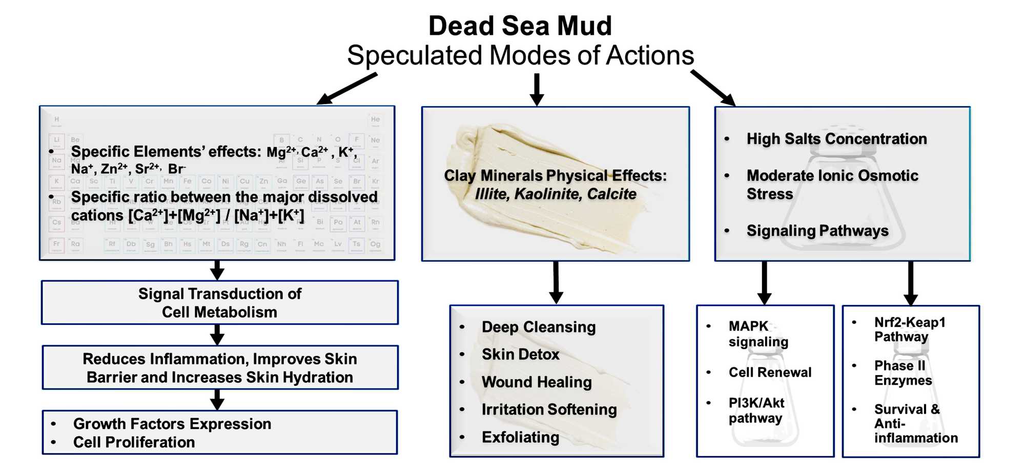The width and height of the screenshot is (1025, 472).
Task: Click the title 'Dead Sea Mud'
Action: tap(520, 26)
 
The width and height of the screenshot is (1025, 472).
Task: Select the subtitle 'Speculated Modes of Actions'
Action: tap(520, 55)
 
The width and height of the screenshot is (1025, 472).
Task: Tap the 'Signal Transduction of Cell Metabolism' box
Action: tap(219, 303)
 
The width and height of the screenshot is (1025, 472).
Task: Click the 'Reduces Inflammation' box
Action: tap(219, 368)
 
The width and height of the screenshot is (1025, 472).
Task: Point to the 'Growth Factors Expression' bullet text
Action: tap(172, 424)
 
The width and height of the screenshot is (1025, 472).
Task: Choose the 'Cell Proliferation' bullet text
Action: tap(134, 442)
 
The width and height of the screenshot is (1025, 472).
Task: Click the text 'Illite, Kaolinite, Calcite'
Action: tap(555, 194)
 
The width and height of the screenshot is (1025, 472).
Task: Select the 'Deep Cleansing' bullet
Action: tap(538, 327)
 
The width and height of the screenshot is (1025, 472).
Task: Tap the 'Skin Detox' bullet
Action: tap(520, 354)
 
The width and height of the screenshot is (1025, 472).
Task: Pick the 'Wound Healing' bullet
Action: tap(537, 382)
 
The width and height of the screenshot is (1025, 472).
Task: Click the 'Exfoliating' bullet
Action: tap(520, 437)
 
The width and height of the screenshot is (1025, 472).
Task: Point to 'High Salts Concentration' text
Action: tap(836, 139)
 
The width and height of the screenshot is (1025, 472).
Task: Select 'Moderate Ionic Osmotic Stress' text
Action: tap(832, 184)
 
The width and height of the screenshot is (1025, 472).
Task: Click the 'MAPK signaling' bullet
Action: tap(758, 334)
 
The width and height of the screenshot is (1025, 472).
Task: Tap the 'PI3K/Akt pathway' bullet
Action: tap(756, 410)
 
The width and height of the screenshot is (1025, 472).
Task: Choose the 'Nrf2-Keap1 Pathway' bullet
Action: tap(909, 329)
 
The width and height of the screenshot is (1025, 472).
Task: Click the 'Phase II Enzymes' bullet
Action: tap(903, 373)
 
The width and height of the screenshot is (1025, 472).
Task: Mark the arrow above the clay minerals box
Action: tap(537, 89)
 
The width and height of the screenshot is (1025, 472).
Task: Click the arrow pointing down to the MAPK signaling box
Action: tap(764, 283)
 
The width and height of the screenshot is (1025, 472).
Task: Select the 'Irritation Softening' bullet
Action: tap(549, 409)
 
